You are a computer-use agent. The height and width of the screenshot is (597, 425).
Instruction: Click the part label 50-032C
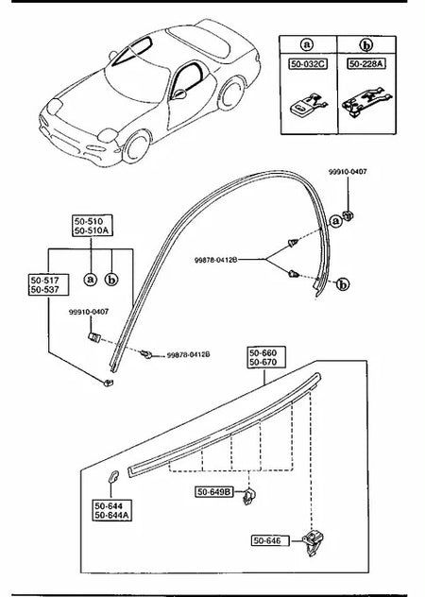[308, 64]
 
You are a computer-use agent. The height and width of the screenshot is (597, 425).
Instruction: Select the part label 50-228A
[366, 63]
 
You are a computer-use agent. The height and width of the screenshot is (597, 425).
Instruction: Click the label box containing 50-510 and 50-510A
[93, 226]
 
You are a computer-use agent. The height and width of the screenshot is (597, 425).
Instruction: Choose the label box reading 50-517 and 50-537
[48, 284]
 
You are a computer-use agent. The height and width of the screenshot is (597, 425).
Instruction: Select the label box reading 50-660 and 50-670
[266, 357]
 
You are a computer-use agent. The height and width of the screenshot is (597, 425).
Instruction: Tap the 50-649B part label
[214, 492]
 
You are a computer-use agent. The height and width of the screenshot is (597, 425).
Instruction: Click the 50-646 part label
[270, 540]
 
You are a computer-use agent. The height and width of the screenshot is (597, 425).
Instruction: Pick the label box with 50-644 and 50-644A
[112, 510]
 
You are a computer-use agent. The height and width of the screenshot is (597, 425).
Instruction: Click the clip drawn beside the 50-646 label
[313, 543]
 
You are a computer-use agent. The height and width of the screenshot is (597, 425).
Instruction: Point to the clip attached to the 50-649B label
[248, 496]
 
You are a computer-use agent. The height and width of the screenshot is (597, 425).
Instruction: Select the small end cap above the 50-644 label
[113, 476]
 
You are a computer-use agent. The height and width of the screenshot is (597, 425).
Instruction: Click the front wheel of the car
[136, 146]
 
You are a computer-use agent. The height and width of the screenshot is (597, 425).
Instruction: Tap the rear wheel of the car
[230, 94]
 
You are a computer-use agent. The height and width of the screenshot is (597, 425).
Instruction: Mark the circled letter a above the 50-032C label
[307, 45]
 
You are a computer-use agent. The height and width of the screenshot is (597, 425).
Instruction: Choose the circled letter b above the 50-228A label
[366, 45]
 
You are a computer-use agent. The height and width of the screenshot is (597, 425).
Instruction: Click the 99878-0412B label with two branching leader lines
[216, 260]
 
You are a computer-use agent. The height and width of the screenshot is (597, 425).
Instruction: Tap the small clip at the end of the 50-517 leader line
[109, 383]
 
